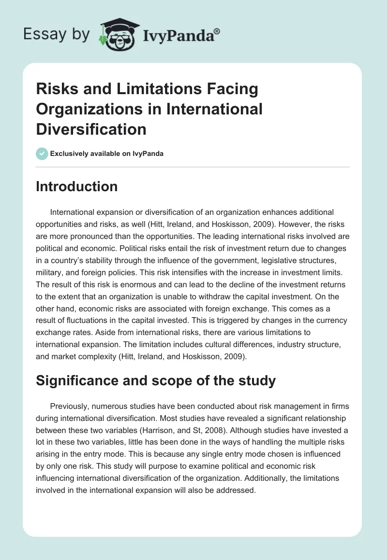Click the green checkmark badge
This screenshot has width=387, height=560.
click(x=41, y=154)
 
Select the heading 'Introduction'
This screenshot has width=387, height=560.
click(x=76, y=186)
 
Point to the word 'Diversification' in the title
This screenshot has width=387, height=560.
click(x=91, y=129)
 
